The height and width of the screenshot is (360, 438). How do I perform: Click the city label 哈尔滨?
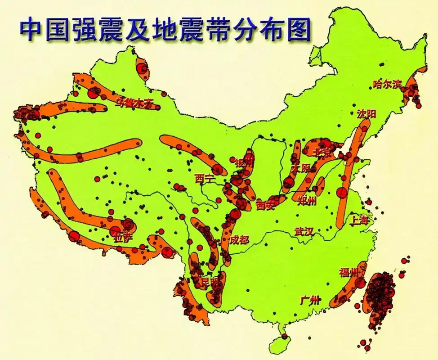click(x=387, y=84)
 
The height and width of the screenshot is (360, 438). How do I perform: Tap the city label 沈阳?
click(x=366, y=114)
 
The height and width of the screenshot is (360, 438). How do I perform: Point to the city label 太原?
click(x=301, y=168)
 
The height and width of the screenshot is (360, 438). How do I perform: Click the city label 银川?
click(x=244, y=162)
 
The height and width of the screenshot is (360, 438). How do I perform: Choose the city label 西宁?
click(x=205, y=179)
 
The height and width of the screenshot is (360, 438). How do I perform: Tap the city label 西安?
click(x=265, y=206)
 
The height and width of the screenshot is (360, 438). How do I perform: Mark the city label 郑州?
click(x=307, y=201)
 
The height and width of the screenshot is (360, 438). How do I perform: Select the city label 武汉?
click(x=304, y=231)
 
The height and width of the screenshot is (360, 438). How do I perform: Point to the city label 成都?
click(x=239, y=239)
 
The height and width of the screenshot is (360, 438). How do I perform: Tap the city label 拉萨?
click(x=124, y=238)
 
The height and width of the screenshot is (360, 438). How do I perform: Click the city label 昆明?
click(x=211, y=283)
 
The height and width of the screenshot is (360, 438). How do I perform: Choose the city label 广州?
click(x=310, y=300)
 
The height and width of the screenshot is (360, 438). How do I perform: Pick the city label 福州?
click(x=349, y=272)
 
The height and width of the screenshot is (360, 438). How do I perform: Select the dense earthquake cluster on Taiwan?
click(x=380, y=295)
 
